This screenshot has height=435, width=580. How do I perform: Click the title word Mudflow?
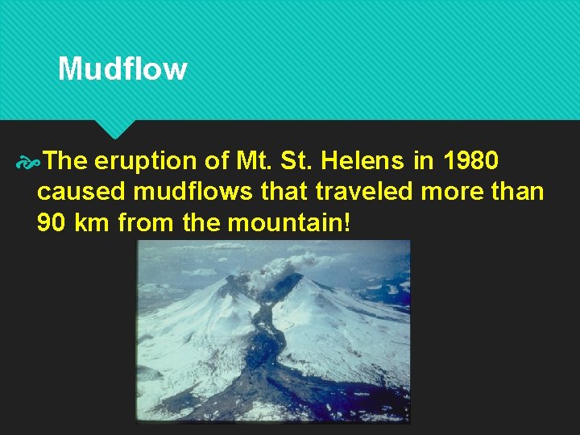[122, 68]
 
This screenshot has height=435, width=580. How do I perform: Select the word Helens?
[362, 161]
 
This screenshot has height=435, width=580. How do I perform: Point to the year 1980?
[470, 161]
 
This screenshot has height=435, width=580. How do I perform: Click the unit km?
[93, 222]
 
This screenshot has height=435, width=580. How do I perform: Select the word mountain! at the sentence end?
[289, 222]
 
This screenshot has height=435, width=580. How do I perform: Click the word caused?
[81, 192]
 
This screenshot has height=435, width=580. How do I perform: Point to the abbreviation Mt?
[255, 161]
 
